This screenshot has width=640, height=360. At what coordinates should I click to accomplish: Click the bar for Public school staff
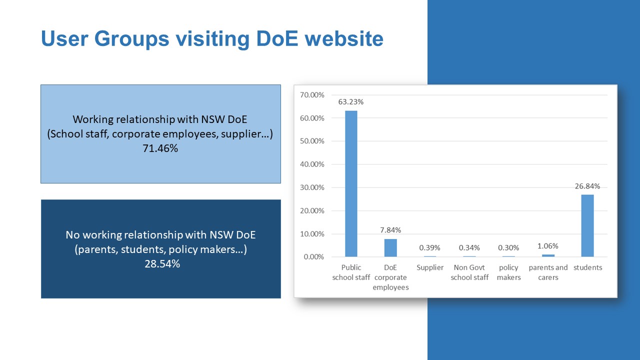point(351,183)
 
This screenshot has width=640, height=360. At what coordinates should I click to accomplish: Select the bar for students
point(587,225)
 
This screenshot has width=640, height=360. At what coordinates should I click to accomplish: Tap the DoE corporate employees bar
point(390,247)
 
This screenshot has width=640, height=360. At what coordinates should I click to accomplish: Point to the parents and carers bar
point(548,255)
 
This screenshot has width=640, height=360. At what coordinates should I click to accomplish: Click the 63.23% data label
point(351,102)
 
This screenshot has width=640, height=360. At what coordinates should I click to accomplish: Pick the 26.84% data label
point(587,186)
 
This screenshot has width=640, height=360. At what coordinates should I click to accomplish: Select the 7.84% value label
point(390,230)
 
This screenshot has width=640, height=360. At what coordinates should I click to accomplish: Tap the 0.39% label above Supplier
point(429,247)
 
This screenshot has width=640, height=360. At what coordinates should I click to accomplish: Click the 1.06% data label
point(548,246)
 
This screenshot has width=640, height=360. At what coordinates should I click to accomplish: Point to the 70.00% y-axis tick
point(312,95)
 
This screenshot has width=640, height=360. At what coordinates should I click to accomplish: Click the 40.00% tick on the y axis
point(312,164)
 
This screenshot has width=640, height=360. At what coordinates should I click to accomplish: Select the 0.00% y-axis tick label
point(313,257)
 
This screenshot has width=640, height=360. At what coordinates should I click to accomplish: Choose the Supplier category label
point(430,267)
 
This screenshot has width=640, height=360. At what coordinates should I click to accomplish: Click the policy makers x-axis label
point(508,272)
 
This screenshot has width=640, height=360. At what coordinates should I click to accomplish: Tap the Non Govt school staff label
point(469,272)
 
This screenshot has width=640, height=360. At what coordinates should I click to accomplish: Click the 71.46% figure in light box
point(160,148)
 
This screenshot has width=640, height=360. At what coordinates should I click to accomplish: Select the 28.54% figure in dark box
point(162,264)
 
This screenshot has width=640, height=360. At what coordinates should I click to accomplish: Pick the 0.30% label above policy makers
point(508,247)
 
